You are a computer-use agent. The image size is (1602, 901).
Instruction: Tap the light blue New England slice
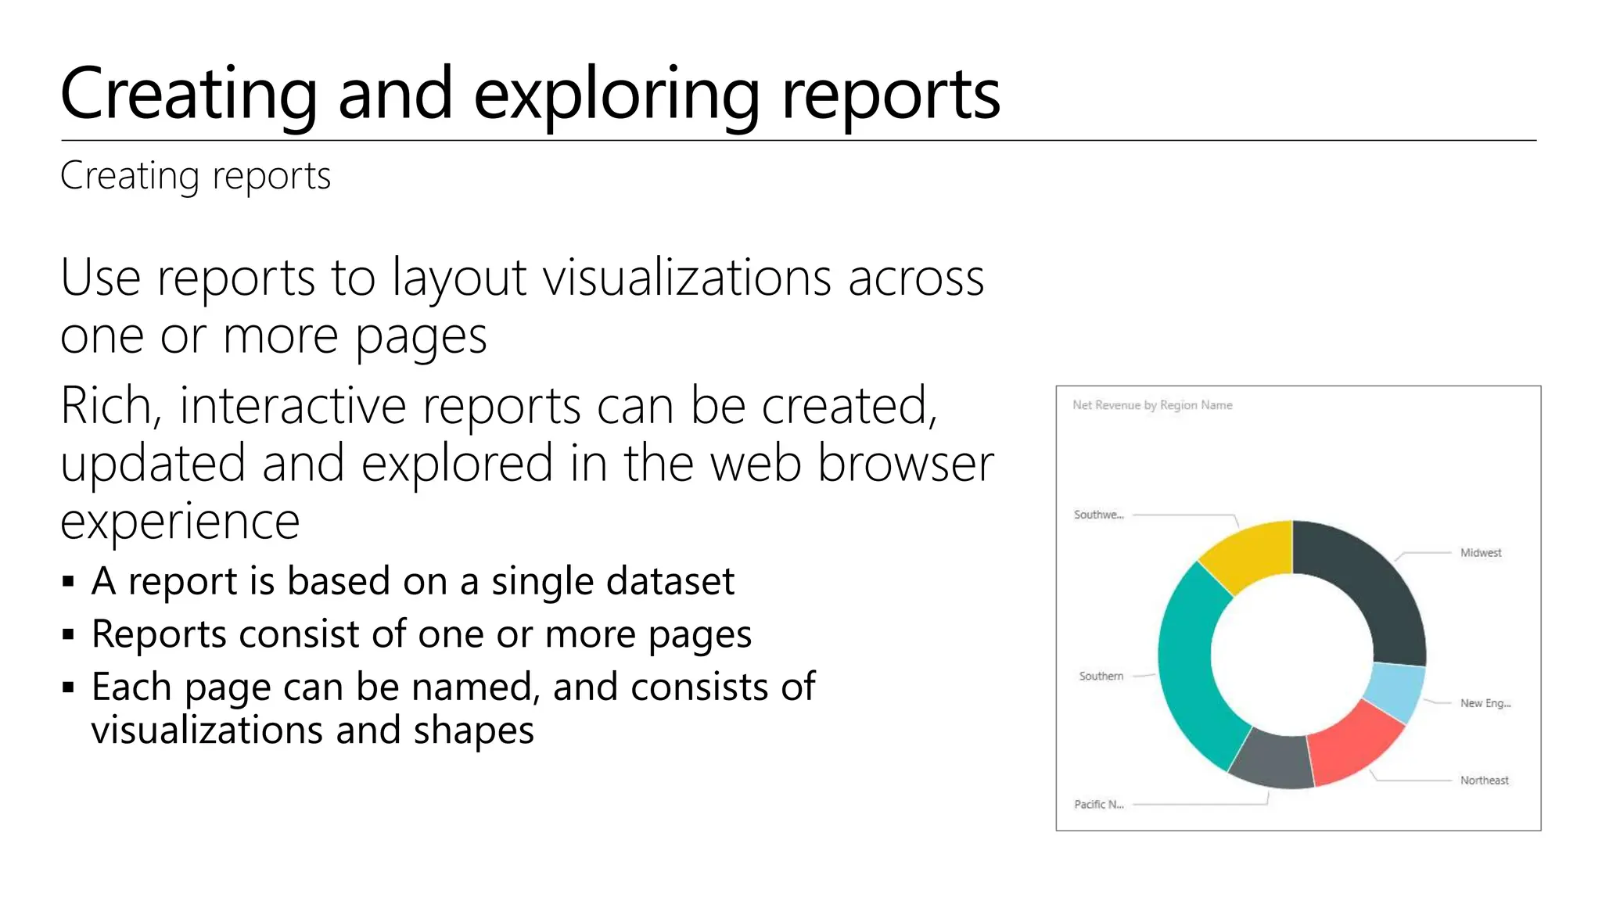(x=1396, y=690)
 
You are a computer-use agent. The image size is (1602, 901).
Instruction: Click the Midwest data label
(x=1480, y=553)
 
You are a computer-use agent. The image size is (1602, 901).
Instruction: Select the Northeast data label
(x=1483, y=781)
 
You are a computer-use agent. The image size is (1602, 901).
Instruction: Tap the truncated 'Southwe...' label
(x=1098, y=515)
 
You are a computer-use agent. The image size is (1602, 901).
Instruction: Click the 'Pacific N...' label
(x=1098, y=804)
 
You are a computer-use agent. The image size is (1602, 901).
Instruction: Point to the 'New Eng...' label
(x=1485, y=703)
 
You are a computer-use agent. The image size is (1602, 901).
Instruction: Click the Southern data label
(x=1101, y=676)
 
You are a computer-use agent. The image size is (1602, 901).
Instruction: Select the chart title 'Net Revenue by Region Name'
(x=1151, y=405)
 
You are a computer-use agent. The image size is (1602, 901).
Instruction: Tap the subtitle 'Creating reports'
(x=196, y=176)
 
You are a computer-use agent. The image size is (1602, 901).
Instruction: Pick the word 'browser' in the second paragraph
(x=905, y=463)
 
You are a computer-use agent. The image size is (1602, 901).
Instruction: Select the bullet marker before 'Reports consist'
(x=68, y=634)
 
